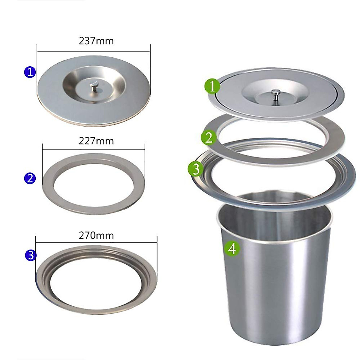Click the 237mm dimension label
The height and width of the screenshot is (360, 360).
(x=96, y=41)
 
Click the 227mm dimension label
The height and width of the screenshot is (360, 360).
(x=96, y=141)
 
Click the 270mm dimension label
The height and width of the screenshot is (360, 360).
(x=96, y=235)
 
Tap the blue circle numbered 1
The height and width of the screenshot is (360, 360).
(x=30, y=72)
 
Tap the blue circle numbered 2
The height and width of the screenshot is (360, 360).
(x=30, y=178)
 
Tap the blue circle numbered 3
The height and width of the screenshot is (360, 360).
(x=31, y=255)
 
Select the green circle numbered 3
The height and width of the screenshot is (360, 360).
(x=195, y=169)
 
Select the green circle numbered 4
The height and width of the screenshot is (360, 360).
(x=232, y=248)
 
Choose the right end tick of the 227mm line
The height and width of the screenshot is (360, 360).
(x=145, y=150)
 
